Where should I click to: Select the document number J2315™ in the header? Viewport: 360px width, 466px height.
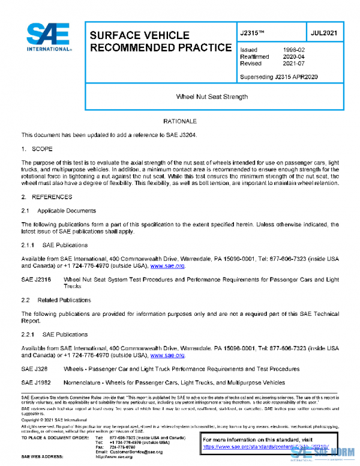253,34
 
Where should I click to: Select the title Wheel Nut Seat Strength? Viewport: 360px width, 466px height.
212,96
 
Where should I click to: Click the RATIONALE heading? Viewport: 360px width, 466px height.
180,122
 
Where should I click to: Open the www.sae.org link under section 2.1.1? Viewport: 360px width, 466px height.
167,265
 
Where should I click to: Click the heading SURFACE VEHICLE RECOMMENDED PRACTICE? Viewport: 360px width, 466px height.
160,41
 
